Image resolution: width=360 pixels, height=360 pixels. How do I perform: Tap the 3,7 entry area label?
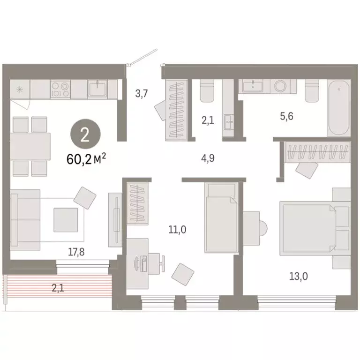coord(142,93)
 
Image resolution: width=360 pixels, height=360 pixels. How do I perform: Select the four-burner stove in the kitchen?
coord(60,89)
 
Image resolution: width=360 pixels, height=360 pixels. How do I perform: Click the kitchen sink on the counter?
coord(98,88)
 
